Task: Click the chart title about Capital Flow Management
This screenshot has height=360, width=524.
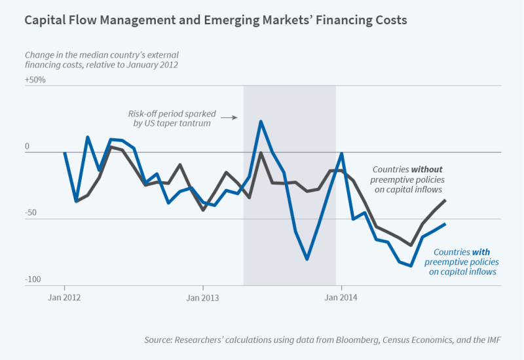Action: click(215, 20)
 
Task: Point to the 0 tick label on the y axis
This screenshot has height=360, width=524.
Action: click(28, 147)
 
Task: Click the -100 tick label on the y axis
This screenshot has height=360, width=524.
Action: click(33, 279)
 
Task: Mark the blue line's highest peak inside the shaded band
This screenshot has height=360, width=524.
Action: click(261, 121)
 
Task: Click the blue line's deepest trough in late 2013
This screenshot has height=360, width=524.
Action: click(307, 259)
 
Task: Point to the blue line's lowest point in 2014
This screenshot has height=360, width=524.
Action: click(411, 266)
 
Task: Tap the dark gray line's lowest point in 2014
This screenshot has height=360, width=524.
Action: click(411, 245)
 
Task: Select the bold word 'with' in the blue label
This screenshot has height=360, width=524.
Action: click(479, 251)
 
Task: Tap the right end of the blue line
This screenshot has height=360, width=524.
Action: click(445, 225)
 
